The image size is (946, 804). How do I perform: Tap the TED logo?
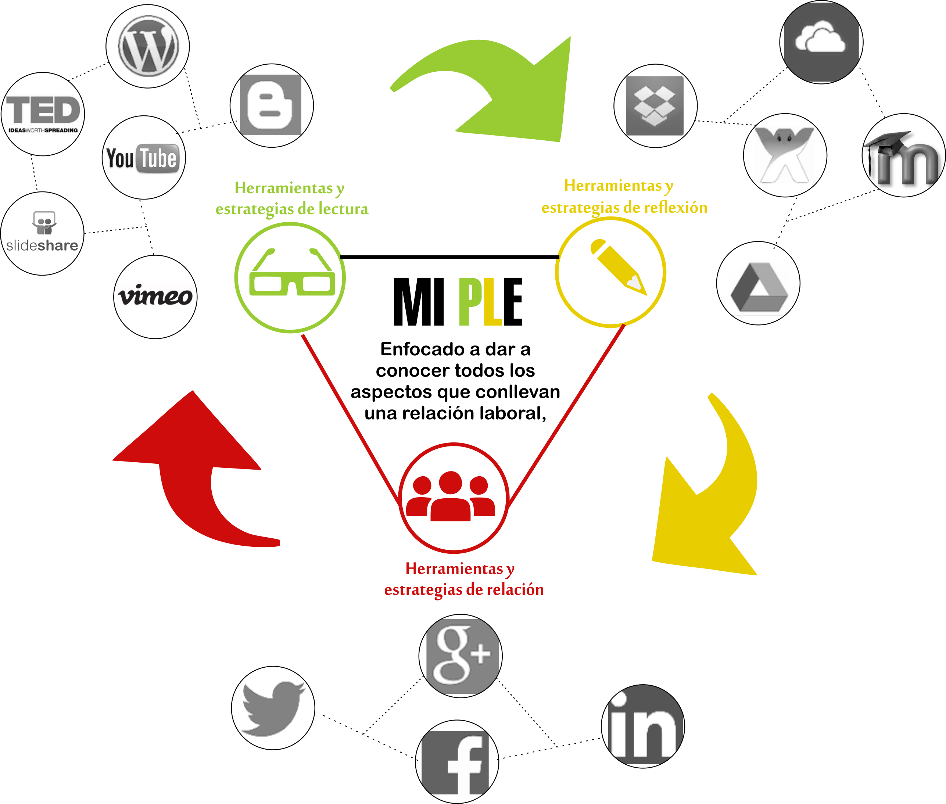click(43, 114)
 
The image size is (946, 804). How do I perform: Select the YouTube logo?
click(143, 158)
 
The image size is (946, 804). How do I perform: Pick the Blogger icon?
click(271, 105)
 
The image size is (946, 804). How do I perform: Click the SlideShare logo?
click(42, 233)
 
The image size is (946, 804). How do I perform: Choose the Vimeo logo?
click(155, 296)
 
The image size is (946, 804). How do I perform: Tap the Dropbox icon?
click(655, 105)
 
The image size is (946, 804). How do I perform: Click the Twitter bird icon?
click(273, 707)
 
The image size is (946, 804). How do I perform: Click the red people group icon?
click(451, 497)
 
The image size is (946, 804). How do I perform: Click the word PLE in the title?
click(490, 302)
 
